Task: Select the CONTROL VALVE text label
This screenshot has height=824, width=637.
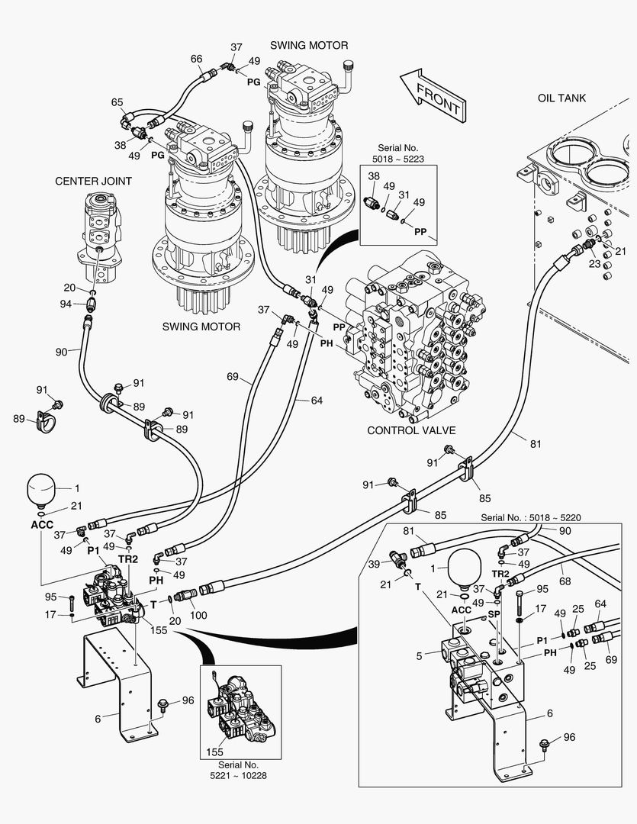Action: click(407, 430)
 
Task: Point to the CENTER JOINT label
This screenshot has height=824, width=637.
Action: click(93, 181)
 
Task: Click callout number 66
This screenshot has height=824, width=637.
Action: click(197, 59)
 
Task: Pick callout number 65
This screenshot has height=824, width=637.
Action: click(117, 102)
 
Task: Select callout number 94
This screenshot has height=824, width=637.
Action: click(67, 304)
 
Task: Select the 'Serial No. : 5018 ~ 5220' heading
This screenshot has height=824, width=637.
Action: click(531, 517)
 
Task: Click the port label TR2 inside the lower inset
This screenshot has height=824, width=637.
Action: click(500, 574)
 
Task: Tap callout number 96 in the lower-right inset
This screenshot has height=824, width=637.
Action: click(569, 737)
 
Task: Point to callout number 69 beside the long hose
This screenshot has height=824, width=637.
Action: click(233, 377)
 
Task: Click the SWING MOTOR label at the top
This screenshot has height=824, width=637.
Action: click(309, 46)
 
